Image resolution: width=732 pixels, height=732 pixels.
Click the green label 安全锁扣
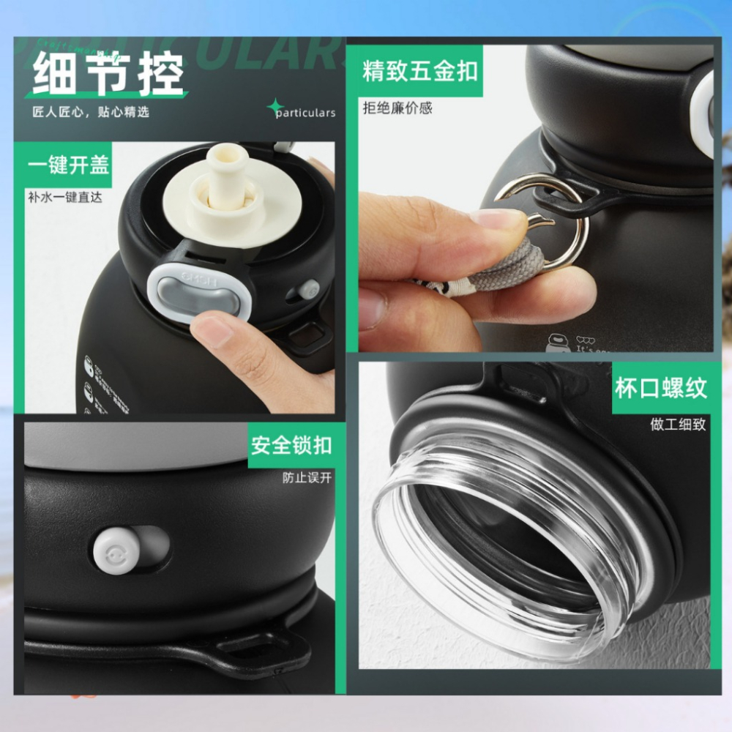[x=291, y=444]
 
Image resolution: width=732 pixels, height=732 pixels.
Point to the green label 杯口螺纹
[x=660, y=388]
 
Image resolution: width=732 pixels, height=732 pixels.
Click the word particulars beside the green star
[x=305, y=113]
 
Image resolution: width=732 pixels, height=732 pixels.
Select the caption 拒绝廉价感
[x=397, y=108]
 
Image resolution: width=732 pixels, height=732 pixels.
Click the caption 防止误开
[x=307, y=478]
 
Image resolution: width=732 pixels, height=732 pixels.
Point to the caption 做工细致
[x=678, y=424]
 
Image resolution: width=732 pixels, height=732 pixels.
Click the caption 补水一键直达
[x=64, y=197]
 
